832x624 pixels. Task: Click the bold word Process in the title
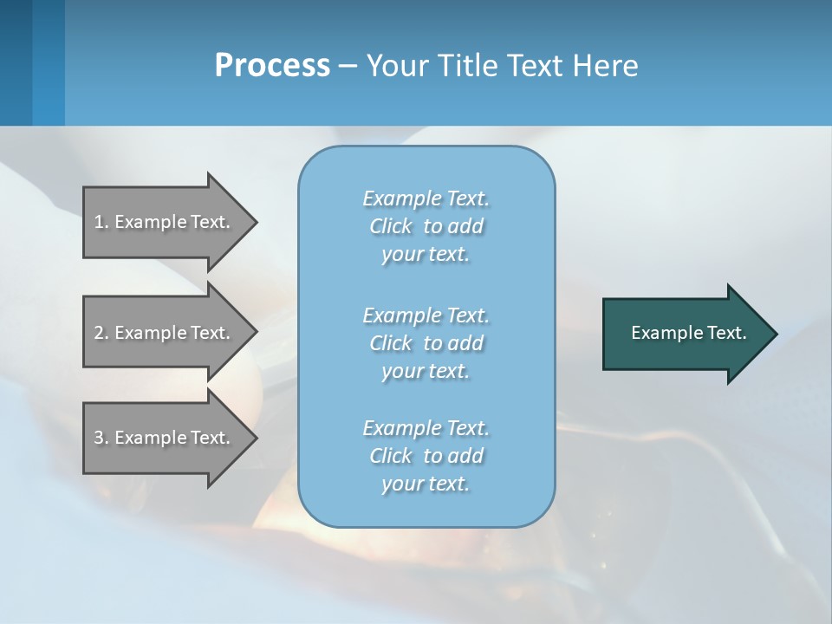(x=272, y=65)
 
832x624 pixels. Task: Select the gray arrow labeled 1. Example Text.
(x=165, y=222)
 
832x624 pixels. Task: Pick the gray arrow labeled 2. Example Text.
(x=165, y=333)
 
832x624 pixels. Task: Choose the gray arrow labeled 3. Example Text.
(x=165, y=438)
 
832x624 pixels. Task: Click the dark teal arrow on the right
(x=685, y=333)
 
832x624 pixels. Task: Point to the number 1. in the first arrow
(x=101, y=222)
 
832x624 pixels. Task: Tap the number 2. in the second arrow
(x=101, y=333)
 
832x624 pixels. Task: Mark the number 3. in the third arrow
(x=101, y=438)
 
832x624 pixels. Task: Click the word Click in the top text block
(x=391, y=226)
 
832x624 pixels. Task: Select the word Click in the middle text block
(x=391, y=343)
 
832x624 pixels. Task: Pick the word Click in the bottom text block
(x=391, y=456)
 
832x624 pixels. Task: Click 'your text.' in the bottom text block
(x=426, y=484)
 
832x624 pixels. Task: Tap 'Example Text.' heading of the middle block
(x=426, y=315)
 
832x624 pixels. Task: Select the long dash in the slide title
(x=348, y=66)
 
